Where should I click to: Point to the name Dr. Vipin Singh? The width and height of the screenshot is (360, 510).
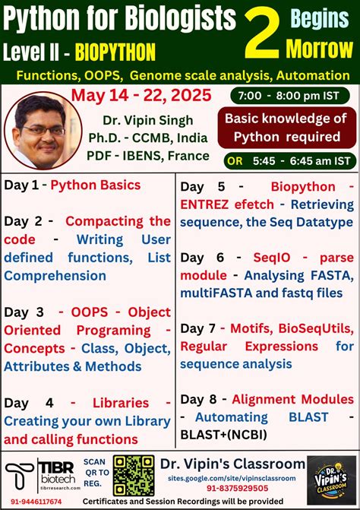click(144, 121)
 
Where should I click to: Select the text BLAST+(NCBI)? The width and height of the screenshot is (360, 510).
click(223, 435)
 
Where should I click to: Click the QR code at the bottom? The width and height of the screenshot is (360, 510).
click(134, 477)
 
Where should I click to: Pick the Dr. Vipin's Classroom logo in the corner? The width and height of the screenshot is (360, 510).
click(332, 479)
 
